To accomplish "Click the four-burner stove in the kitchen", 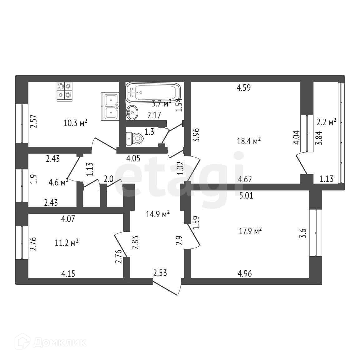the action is (64, 91).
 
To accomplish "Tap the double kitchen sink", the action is (110, 106).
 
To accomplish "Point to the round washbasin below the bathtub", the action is (132, 112).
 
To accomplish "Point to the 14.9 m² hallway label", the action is (158, 214).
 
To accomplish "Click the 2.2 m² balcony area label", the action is (326, 121).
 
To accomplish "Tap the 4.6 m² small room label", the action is (58, 182).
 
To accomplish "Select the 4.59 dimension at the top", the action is (244, 88).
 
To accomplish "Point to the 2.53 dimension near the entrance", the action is (160, 274).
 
